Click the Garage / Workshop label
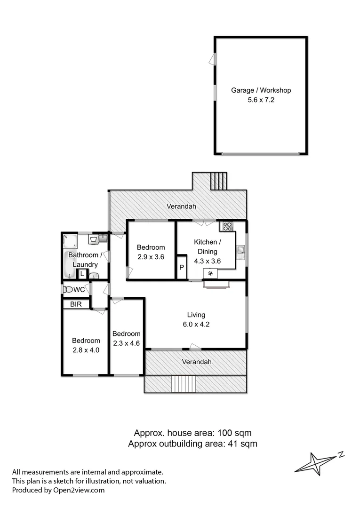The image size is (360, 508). pyautogui.click(x=261, y=90)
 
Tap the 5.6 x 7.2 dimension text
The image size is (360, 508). pyautogui.click(x=261, y=100)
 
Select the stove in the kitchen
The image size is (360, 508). pyautogui.click(x=228, y=226)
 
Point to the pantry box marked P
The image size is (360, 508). pyautogui.click(x=182, y=268)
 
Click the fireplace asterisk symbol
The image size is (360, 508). pyautogui.click(x=210, y=273)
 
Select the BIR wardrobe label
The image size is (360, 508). pyautogui.click(x=76, y=304)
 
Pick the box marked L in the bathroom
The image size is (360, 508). pyautogui.click(x=82, y=273)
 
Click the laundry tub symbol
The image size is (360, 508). pyautogui.click(x=93, y=239)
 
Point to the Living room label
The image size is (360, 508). pyautogui.click(x=196, y=315)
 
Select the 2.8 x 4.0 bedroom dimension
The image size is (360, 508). pyautogui.click(x=86, y=349)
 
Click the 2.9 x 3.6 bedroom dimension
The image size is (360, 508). pyautogui.click(x=151, y=257)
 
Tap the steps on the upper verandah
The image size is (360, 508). pyautogui.click(x=218, y=180)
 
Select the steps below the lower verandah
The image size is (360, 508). pyautogui.click(x=184, y=384)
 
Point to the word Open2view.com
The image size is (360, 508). pyautogui.click(x=78, y=490)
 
